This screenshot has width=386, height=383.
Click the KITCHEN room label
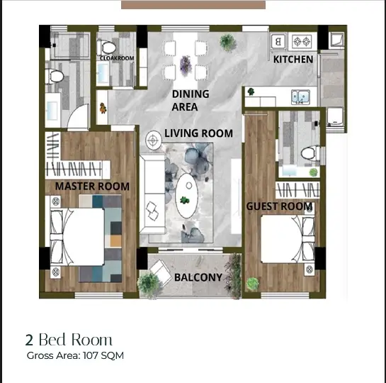293,60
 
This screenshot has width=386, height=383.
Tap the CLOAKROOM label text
117,58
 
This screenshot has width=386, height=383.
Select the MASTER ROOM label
92,187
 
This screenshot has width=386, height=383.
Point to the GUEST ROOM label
279,206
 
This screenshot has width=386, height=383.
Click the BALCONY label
198,277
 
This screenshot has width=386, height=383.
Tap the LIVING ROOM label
198,133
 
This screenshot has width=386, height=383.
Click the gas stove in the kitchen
302,41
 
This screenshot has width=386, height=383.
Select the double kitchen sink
300,97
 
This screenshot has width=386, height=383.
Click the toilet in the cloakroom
107,48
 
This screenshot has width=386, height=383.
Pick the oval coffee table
187,196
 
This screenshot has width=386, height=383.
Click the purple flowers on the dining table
186,65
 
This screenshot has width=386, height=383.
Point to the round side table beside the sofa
154,140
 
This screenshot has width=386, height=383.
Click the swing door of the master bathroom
79,117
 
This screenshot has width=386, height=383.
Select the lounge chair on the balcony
161,272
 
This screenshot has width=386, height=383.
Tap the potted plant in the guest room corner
253,284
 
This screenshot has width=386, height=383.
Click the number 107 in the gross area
90,355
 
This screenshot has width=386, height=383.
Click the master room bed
77,237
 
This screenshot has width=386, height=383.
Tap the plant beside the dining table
228,43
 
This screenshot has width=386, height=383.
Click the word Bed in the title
52,340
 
